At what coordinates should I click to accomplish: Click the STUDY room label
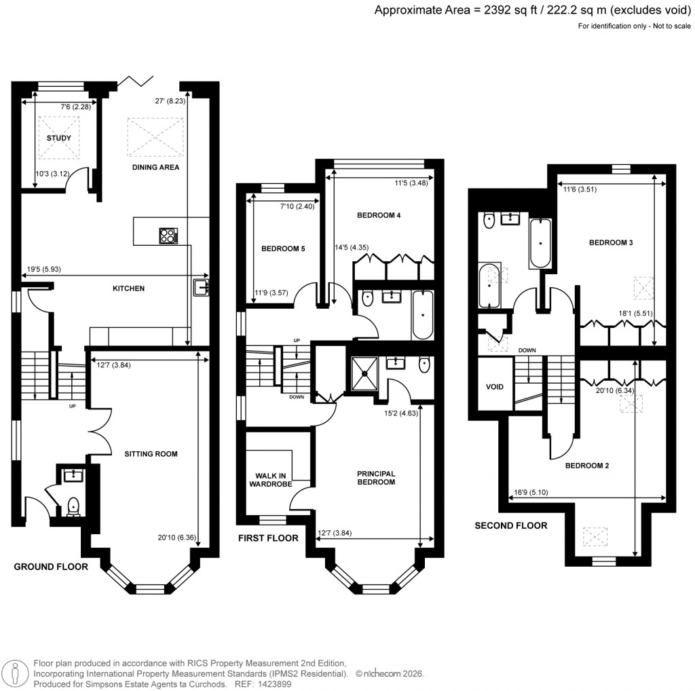[x=59, y=138]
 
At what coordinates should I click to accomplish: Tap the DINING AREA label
[x=155, y=167]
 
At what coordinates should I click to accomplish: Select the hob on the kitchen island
[x=168, y=235]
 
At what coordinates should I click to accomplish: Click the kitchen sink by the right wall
[x=202, y=288]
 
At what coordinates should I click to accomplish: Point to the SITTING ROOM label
[x=151, y=454]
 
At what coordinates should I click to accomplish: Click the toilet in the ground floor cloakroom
[x=73, y=506]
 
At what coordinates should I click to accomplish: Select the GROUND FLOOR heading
[x=51, y=567]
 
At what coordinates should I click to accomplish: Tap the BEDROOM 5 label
[x=283, y=249]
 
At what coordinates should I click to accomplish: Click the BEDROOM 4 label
[x=379, y=216]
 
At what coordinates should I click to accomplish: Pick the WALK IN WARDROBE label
[x=274, y=480]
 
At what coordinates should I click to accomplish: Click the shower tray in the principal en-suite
[x=367, y=373]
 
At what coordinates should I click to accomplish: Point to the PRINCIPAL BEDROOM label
[x=376, y=478]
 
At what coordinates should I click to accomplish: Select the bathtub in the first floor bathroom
[x=422, y=315]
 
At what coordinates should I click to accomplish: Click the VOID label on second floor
[x=495, y=386]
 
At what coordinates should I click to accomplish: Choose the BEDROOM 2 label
[x=587, y=466]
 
